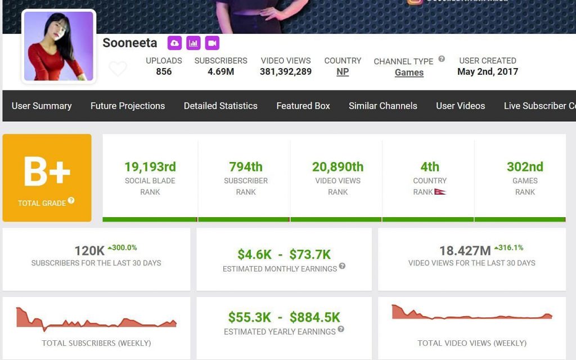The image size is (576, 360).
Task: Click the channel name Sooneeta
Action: pyautogui.click(x=130, y=43)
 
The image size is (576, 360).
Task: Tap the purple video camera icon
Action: pyautogui.click(x=212, y=43)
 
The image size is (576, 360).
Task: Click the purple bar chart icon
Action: pyautogui.click(x=193, y=43)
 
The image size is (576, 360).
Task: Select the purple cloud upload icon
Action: pyautogui.click(x=174, y=43)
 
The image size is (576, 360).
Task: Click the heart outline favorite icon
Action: pyautogui.click(x=118, y=69)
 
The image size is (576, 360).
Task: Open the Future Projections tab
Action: pyautogui.click(x=128, y=106)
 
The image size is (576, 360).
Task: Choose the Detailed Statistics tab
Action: pyautogui.click(x=220, y=106)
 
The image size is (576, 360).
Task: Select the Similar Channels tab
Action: pyautogui.click(x=383, y=106)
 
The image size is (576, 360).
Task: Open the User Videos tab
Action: pyautogui.click(x=460, y=106)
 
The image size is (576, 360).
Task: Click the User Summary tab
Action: pyautogui.click(x=42, y=106)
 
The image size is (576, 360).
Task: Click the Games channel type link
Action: pyautogui.click(x=409, y=73)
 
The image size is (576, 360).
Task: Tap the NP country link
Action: pyautogui.click(x=343, y=72)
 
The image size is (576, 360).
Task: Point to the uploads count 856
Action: pyautogui.click(x=164, y=71)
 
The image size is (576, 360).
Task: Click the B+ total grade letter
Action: pyautogui.click(x=47, y=171)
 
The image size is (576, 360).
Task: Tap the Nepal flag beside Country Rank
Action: pyautogui.click(x=440, y=192)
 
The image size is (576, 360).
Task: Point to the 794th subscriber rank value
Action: pyautogui.click(x=246, y=166)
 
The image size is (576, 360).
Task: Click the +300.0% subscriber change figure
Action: pyautogui.click(x=123, y=247)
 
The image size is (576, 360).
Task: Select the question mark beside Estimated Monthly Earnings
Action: pyautogui.click(x=342, y=266)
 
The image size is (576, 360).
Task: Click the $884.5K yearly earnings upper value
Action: pyautogui.click(x=315, y=317)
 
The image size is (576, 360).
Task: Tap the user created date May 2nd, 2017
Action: pyautogui.click(x=488, y=71)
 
